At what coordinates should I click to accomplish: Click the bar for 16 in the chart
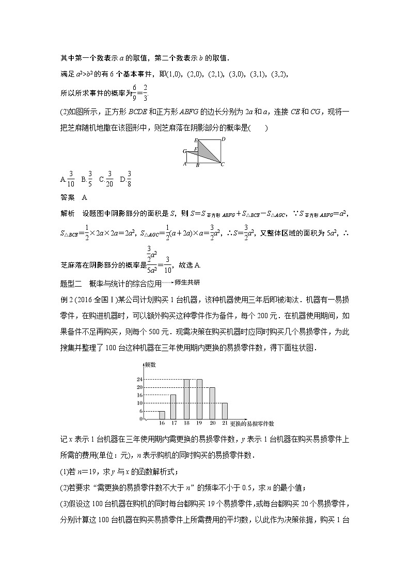click(162, 415)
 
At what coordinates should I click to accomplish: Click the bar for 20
click(212, 403)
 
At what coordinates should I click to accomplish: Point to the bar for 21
click(225, 411)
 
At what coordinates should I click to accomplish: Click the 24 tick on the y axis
click(139, 380)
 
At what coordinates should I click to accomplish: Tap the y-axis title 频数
click(150, 365)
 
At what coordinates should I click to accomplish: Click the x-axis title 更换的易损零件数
click(252, 424)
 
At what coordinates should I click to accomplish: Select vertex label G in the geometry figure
click(184, 151)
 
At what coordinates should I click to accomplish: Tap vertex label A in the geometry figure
click(185, 164)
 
